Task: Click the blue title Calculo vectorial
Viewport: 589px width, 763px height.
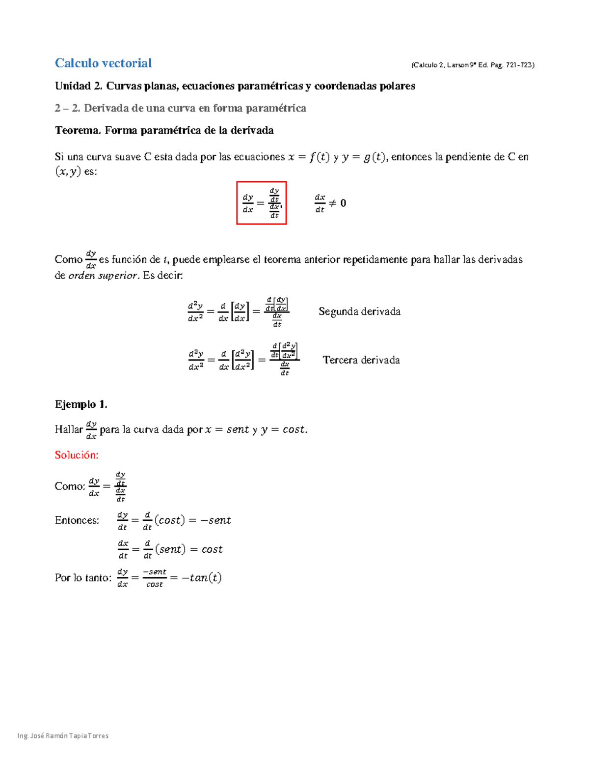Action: (x=103, y=63)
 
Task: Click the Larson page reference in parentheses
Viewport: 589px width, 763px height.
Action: (x=473, y=65)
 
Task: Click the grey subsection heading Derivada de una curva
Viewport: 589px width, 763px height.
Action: (x=195, y=109)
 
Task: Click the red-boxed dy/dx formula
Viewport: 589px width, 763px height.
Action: (x=261, y=203)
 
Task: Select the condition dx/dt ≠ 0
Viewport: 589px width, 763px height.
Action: (x=330, y=203)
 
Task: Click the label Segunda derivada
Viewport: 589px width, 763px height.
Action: (x=359, y=311)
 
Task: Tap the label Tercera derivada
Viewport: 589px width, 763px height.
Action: (x=361, y=360)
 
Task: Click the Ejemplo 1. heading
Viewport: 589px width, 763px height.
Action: (x=81, y=404)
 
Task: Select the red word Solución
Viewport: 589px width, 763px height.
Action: (x=77, y=455)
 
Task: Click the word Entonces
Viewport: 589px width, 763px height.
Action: (x=77, y=520)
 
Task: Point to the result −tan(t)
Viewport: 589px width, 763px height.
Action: (x=201, y=578)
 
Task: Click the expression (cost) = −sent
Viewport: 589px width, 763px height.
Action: (x=192, y=520)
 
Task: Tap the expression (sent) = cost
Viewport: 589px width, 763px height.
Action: (x=188, y=549)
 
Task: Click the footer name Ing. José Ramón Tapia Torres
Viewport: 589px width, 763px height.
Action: (x=63, y=735)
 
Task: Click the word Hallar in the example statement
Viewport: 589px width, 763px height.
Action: (x=69, y=429)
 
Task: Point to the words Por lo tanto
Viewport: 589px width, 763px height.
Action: (x=83, y=578)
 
